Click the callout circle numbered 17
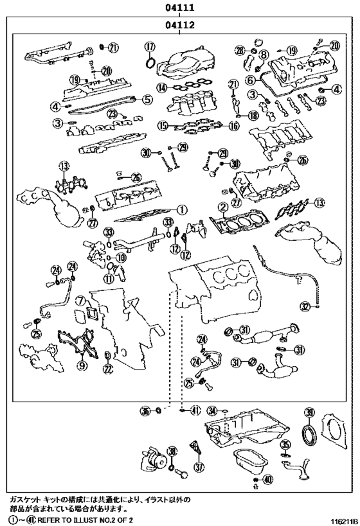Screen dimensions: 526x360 point(150,46)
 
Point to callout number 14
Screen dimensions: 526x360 point(162,87)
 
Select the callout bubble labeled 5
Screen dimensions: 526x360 point(148,100)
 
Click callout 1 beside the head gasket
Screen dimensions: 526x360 point(182,209)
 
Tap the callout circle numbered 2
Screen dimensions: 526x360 point(222,207)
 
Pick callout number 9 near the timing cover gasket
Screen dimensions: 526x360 point(82,365)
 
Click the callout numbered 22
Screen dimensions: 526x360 point(107,369)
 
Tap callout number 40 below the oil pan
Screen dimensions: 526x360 point(268,479)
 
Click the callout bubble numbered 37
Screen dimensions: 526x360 point(199,467)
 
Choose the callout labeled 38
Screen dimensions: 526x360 point(172,451)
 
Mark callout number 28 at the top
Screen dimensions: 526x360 point(240,50)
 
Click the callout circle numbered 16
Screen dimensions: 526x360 point(233,127)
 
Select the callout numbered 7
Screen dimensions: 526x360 point(78,301)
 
